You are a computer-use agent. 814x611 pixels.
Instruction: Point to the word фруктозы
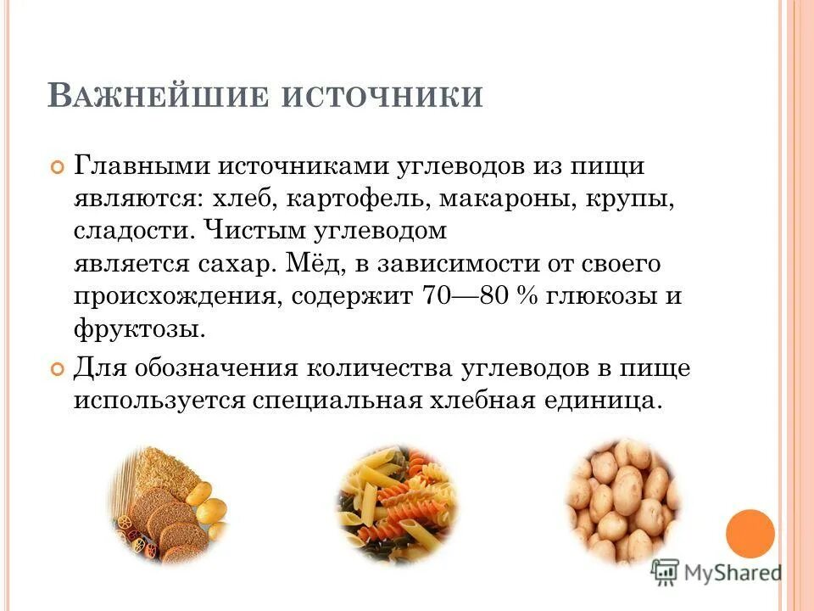pyautogui.click(x=139, y=329)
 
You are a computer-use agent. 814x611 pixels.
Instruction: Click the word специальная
pyautogui.click(x=335, y=401)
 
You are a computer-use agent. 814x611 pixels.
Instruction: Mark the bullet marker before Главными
pyautogui.click(x=58, y=166)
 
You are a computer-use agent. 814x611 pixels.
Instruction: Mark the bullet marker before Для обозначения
pyautogui.click(x=58, y=369)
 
